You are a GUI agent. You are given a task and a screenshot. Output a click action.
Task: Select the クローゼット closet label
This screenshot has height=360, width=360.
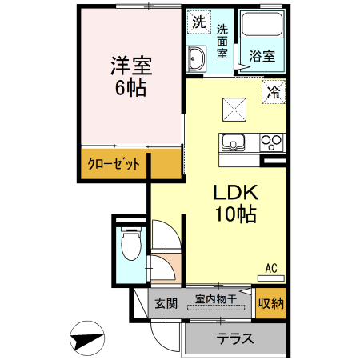(x=114, y=164)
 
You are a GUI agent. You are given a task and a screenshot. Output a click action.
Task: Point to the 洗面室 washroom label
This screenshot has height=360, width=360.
(x=222, y=41)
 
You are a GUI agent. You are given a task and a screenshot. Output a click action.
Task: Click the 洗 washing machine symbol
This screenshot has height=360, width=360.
(x=197, y=20)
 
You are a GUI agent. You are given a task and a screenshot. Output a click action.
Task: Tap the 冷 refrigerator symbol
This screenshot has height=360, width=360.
(x=274, y=91)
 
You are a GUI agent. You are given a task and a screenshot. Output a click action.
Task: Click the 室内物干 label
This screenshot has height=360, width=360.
(x=216, y=300)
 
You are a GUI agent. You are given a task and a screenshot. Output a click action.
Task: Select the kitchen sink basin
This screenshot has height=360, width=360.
(x=234, y=143)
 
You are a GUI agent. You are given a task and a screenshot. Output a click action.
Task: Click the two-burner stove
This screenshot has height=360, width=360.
(x=272, y=143)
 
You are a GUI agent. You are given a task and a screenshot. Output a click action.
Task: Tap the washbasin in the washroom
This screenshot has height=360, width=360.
(x=197, y=57)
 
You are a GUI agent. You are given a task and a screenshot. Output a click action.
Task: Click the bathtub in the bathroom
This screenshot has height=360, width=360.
(x=262, y=29)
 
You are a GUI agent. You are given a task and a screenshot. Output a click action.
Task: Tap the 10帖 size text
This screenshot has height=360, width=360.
(x=234, y=214)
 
